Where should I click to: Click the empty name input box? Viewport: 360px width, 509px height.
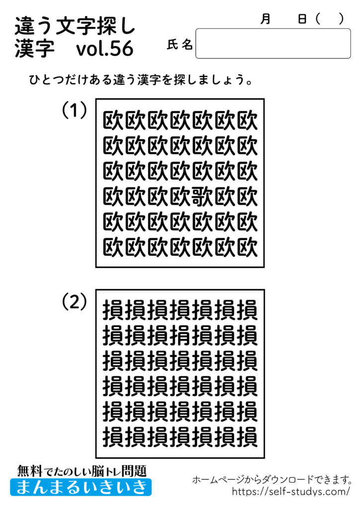(x=273, y=44)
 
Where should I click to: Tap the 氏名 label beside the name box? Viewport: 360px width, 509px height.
(x=180, y=45)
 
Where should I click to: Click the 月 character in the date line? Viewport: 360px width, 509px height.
(x=266, y=19)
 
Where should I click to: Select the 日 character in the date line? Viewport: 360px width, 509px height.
(x=302, y=19)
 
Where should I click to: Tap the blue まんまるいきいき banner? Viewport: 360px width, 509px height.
(x=81, y=487)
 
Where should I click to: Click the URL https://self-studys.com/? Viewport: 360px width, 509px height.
(x=291, y=492)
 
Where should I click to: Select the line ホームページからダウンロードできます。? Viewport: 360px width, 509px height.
(x=272, y=480)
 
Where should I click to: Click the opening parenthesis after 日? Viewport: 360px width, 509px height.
(x=318, y=19)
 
